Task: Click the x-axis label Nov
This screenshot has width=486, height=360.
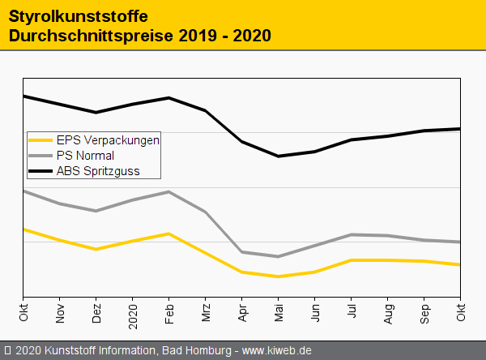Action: (60, 312)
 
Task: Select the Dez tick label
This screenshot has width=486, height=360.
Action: (96, 312)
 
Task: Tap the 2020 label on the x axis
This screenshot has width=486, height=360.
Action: (133, 311)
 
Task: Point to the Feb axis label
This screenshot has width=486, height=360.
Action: (169, 312)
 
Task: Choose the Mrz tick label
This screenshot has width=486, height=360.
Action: (206, 312)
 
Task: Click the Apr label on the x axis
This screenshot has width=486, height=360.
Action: (242, 312)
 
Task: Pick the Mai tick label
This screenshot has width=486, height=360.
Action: (279, 312)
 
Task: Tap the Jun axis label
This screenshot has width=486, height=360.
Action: (315, 312)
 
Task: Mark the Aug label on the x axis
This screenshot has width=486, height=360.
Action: (388, 312)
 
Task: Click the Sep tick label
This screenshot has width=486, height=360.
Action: (424, 312)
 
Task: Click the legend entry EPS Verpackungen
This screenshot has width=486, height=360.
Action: (108, 139)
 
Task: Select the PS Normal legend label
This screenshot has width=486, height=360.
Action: (85, 155)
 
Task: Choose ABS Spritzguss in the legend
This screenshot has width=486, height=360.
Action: (97, 170)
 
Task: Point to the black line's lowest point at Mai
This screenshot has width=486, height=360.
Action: (279, 156)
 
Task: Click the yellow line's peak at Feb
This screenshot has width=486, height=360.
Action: (168, 234)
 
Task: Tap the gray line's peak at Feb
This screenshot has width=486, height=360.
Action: (168, 192)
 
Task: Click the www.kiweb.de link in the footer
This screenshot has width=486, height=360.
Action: (277, 350)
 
